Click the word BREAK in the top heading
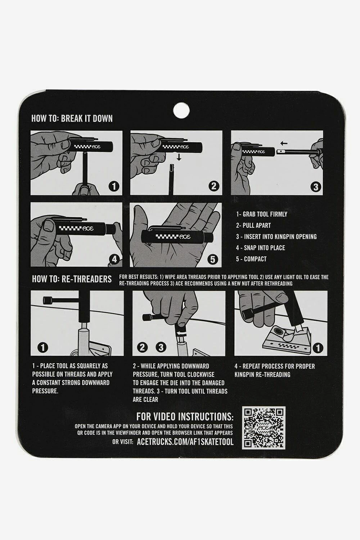point(72,118)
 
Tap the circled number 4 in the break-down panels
point(114,259)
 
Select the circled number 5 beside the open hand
point(213,260)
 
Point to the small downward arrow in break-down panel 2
point(179,158)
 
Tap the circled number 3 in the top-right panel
point(315,187)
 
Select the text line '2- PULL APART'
point(253,225)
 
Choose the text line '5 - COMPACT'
point(251,259)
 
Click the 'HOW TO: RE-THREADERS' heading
point(72,279)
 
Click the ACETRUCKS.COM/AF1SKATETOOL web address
point(185,442)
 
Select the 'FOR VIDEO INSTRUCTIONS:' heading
point(185,417)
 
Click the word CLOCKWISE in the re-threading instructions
point(201,374)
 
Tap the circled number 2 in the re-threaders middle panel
point(142,347)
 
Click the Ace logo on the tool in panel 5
point(185,237)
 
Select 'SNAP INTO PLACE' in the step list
point(265,248)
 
